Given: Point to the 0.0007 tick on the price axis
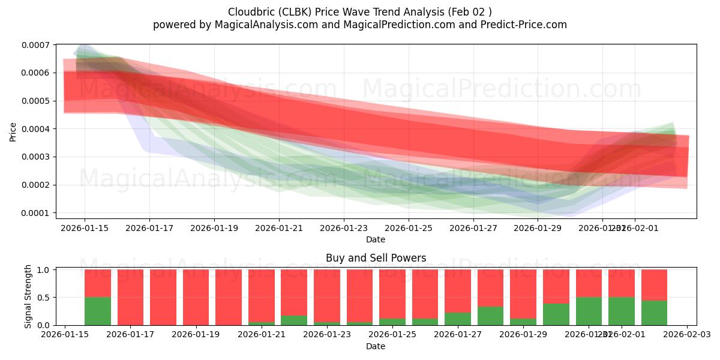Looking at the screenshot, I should (37, 45).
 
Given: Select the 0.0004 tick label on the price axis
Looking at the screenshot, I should (37, 129).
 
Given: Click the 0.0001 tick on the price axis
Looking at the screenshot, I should (37, 213).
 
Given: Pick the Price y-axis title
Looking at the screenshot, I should (13, 132).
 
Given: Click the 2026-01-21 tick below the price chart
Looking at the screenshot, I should (279, 228).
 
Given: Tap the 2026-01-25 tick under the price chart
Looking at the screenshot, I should (409, 228).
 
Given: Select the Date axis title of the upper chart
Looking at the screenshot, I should (376, 239).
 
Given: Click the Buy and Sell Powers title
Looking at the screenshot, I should (376, 258).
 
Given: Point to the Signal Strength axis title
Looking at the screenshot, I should (28, 296).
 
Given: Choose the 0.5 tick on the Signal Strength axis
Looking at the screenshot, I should (44, 298).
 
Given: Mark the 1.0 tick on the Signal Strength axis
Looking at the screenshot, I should (44, 270).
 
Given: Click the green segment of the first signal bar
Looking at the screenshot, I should (98, 311).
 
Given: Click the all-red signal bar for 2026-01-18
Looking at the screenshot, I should (163, 297).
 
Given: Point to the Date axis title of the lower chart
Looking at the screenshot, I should (376, 346).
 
